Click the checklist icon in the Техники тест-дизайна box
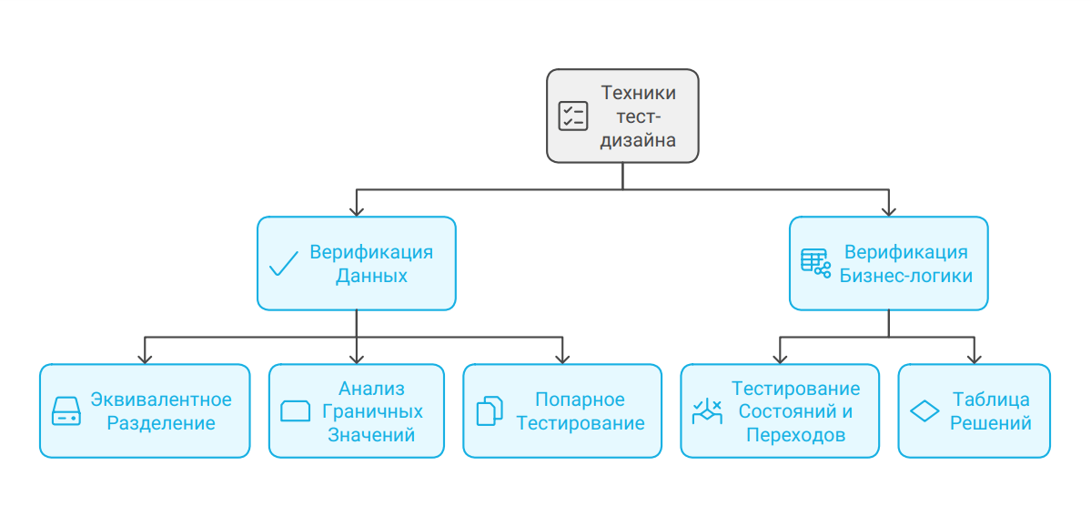point(573,116)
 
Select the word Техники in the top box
point(639,93)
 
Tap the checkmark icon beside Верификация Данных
point(285,264)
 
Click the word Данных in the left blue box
point(371,276)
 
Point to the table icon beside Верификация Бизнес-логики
point(815,263)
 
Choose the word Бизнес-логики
point(905,276)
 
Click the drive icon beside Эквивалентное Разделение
point(66,411)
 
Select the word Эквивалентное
point(161,400)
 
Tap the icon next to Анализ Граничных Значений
point(297,411)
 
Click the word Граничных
point(371,411)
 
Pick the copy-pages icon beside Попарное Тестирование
point(490,411)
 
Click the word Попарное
point(580,400)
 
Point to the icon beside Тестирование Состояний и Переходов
point(707,411)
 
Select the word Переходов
point(795,435)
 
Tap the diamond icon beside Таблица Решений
point(924,411)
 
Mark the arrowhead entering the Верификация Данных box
point(357,209)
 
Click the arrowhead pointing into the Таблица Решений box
point(974,358)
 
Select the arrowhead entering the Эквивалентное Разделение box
point(145,358)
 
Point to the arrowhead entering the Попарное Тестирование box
point(562,358)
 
